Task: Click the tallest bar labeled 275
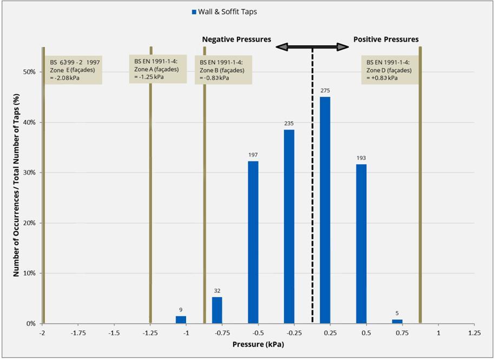tap(325, 210)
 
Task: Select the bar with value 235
tap(289, 226)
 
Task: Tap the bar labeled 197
tap(253, 242)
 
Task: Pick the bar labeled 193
tap(361, 244)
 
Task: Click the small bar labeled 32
tap(217, 310)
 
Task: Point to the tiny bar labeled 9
tap(181, 320)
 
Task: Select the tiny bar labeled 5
tap(397, 322)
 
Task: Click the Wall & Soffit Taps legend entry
tap(225, 12)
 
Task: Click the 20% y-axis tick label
tap(29, 223)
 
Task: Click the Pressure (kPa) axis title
tap(258, 344)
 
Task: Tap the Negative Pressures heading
tap(236, 39)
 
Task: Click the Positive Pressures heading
tap(386, 39)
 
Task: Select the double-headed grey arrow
tap(312, 47)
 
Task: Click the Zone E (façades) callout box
tap(73, 70)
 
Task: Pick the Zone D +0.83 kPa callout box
tap(390, 70)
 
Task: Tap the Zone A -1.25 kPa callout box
tap(158, 69)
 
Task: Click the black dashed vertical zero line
tap(312, 185)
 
